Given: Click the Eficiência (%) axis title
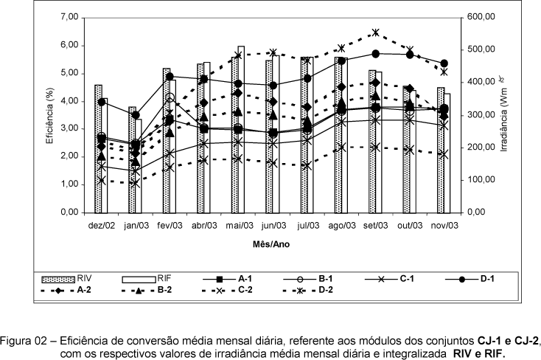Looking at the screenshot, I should (x=49, y=115).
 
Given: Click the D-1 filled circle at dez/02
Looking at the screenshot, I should (x=102, y=101).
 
